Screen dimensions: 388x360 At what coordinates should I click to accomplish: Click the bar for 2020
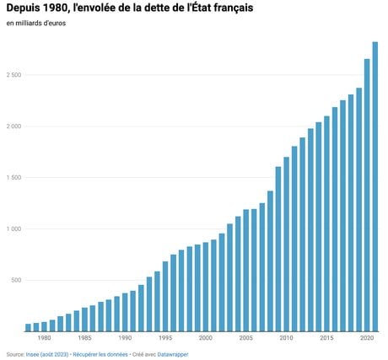pos(367,196)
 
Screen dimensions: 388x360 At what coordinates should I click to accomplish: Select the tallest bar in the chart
pos(375,186)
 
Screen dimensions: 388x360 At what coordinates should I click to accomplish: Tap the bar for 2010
pos(286,244)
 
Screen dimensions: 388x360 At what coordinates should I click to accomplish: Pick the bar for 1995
pos(165,297)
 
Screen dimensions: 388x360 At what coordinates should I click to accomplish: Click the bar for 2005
pos(246,271)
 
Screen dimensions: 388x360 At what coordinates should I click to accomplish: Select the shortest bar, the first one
pos(28,328)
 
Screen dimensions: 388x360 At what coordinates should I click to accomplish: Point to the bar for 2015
pos(326,223)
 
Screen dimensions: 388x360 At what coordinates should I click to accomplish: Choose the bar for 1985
pos(84,320)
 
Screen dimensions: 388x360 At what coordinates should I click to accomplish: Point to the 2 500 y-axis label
pos(13,75)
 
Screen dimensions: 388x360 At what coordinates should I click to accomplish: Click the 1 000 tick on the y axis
pos(13,229)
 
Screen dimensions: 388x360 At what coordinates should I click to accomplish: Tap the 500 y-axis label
pos(16,281)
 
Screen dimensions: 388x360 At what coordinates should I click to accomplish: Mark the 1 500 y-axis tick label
pos(13,178)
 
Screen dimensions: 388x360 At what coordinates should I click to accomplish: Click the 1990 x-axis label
pos(125,338)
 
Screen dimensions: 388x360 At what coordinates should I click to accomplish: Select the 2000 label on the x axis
pos(206,338)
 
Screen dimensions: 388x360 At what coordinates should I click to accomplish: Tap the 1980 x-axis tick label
pos(44,338)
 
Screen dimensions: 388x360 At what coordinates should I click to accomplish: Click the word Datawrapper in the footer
pos(173,355)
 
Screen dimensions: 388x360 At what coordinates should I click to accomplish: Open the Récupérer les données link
pos(100,355)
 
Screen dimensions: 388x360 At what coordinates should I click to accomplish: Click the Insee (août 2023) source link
pos(47,355)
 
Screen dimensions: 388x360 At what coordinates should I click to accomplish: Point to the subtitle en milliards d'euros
pos(36,24)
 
